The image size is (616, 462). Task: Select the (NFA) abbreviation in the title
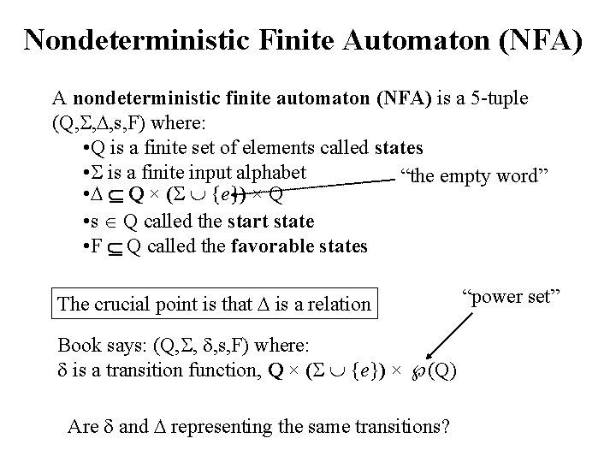(x=541, y=38)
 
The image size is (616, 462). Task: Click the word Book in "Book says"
(x=76, y=346)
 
